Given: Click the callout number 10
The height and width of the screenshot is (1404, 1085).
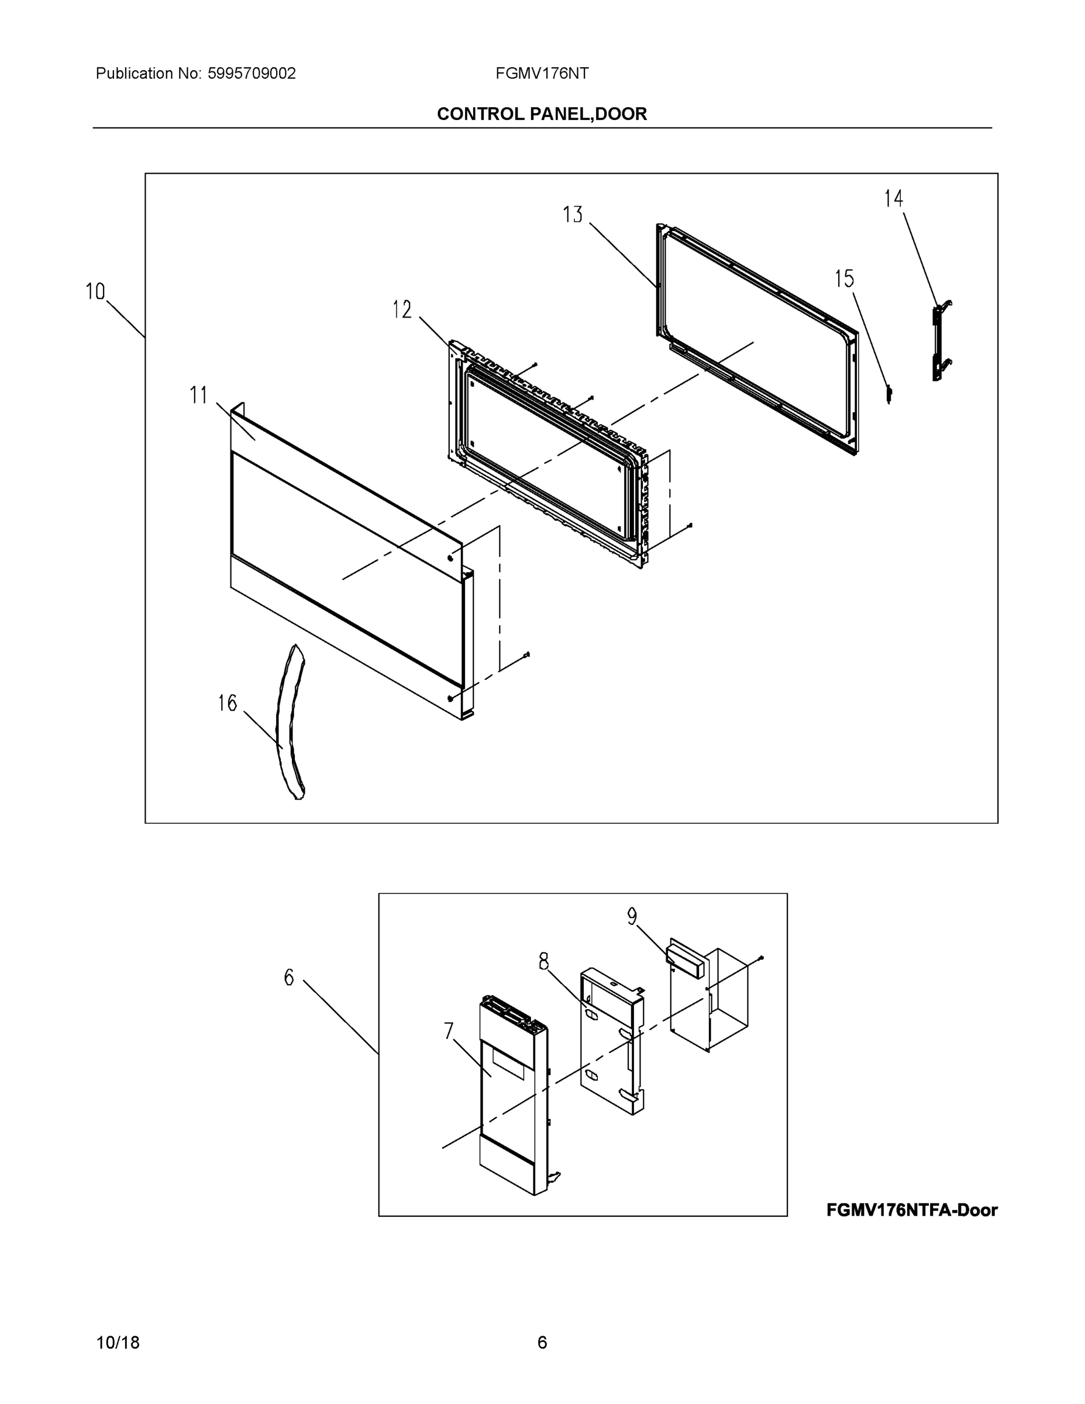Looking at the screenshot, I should point(95,292).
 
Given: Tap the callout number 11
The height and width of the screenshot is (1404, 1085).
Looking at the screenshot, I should point(199,395).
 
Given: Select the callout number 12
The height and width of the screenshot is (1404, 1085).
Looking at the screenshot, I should point(402,310).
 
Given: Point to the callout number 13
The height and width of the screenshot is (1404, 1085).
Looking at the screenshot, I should point(572,215).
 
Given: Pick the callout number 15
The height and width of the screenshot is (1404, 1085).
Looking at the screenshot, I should point(844,279).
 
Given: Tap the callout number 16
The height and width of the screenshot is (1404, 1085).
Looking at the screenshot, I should point(227,703).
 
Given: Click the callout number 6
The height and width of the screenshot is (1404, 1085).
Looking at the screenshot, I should point(290,978).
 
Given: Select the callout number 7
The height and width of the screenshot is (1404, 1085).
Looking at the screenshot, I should point(449,1031).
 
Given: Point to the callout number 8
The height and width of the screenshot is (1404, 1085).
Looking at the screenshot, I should point(544,962).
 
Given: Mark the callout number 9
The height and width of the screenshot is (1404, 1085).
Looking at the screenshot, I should point(632,917).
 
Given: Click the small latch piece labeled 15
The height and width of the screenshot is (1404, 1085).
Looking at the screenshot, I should point(889,394).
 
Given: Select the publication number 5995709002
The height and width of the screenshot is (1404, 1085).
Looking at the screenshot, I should point(252,74).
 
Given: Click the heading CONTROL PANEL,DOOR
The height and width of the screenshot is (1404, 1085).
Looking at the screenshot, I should point(542,114).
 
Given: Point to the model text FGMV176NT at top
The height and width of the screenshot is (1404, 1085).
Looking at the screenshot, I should point(542,74).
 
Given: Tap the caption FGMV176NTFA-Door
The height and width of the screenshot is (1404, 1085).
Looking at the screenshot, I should point(911,1210).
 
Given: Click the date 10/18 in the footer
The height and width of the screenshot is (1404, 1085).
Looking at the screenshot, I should point(118,1343).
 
